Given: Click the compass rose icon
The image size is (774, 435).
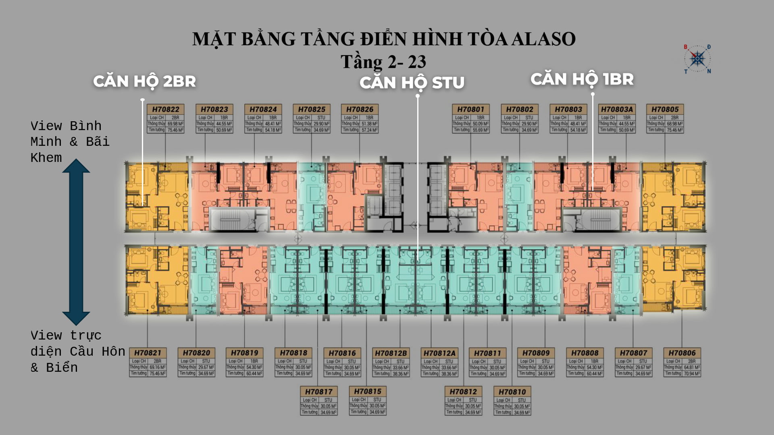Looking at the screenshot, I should (697, 59).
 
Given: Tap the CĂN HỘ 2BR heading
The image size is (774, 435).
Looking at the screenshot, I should (144, 81).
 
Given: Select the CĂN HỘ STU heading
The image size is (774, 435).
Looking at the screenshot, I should (412, 83).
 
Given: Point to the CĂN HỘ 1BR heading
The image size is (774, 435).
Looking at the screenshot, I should (582, 79).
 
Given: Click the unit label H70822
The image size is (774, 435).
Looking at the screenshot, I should (165, 110).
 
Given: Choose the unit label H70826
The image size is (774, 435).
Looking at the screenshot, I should (360, 110).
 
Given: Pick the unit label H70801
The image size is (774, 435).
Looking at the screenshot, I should (470, 110).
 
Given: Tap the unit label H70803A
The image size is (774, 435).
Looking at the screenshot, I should (617, 110).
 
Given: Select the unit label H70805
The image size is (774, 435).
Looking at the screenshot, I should (665, 110).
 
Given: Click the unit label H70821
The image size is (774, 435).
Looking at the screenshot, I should (148, 353).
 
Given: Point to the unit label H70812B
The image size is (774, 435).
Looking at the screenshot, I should (391, 353).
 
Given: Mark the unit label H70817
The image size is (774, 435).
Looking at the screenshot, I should (318, 392).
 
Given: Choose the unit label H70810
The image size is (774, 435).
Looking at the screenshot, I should (512, 392).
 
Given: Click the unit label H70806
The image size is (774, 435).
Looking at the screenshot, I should (682, 353).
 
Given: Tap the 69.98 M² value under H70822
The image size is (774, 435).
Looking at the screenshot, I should (175, 124).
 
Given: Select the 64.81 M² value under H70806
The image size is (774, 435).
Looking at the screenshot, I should (692, 367).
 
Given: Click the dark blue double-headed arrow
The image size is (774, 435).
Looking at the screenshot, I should (76, 242).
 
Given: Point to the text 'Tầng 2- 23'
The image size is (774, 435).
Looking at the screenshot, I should (383, 62).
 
